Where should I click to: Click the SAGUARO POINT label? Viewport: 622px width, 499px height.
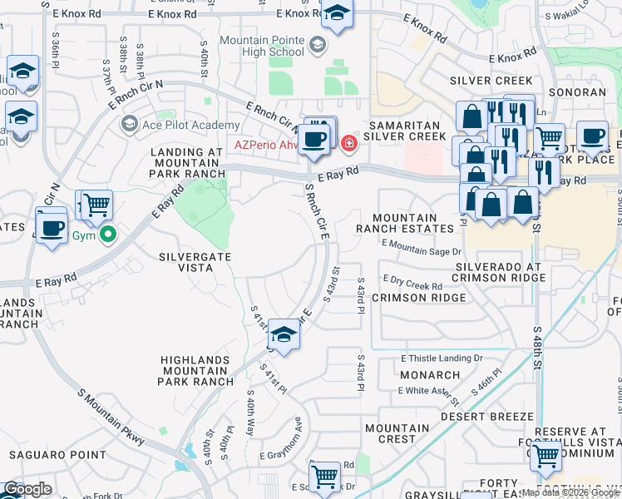click(x=57, y=455)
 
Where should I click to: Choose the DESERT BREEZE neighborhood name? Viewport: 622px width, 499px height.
click(x=486, y=416)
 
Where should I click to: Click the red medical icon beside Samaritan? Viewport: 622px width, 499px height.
click(x=349, y=144)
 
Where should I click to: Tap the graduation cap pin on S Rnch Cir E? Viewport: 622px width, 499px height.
click(x=284, y=335)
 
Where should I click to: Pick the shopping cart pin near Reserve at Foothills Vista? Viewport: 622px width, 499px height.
click(x=545, y=455)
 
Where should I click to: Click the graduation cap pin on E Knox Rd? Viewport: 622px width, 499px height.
click(x=337, y=13)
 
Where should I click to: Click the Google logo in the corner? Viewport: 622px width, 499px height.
click(x=27, y=489)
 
